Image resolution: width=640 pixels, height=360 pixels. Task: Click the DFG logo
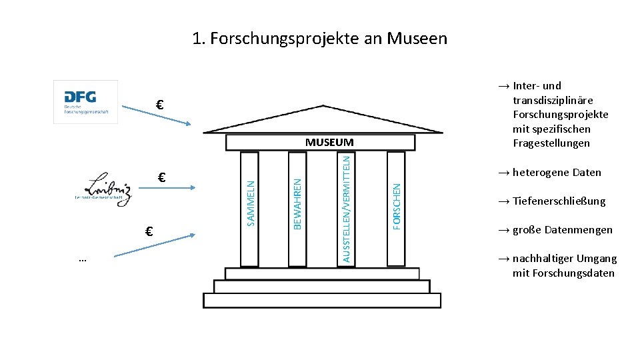[85, 101]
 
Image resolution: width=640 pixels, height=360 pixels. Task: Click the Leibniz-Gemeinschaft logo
[103, 189]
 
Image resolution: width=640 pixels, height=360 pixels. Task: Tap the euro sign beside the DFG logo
[160, 105]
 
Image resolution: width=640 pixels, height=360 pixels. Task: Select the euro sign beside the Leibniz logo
[161, 177]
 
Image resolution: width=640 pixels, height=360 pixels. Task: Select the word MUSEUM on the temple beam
[329, 143]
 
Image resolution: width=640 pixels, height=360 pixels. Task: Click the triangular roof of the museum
[322, 120]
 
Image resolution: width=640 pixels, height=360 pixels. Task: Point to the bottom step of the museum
[322, 301]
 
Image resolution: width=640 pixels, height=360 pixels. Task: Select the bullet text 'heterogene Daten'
[557, 173]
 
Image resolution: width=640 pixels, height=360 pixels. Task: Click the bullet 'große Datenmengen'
[562, 230]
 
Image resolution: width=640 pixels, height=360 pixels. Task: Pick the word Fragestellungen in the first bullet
[551, 143]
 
